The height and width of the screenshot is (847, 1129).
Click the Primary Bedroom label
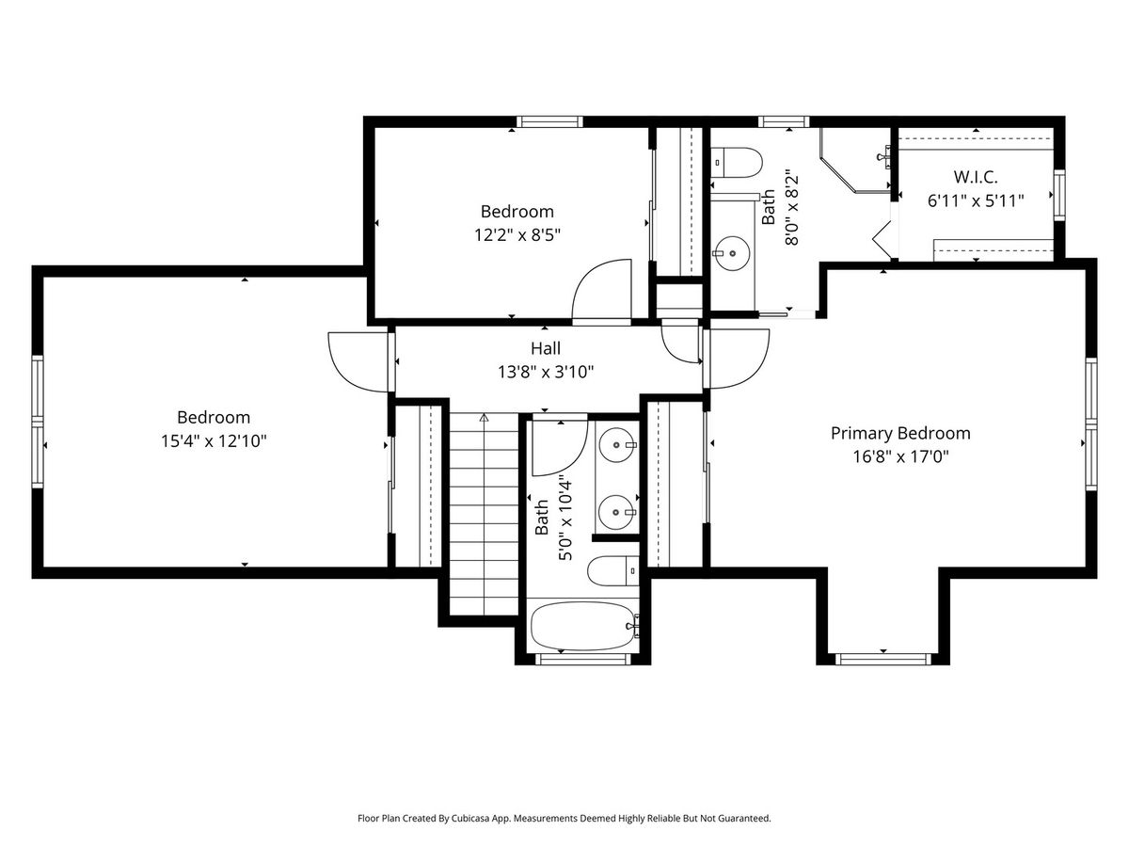(900, 434)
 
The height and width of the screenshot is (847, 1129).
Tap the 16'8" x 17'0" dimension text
(900, 456)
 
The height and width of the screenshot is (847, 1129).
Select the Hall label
(545, 348)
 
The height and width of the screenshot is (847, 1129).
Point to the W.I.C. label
(976, 177)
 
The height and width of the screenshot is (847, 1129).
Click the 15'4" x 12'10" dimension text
(214, 441)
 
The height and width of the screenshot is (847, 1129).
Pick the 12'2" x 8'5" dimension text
(517, 235)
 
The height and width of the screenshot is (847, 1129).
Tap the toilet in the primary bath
(736, 163)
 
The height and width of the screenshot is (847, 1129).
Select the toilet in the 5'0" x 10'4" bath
(613, 571)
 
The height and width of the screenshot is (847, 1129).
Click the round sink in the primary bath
(731, 253)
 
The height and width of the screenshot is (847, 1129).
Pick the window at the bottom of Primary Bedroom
(883, 659)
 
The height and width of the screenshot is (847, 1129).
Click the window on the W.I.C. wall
(1059, 195)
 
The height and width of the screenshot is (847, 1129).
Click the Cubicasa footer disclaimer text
(564, 818)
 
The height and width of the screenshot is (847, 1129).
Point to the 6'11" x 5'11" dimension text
(976, 200)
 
